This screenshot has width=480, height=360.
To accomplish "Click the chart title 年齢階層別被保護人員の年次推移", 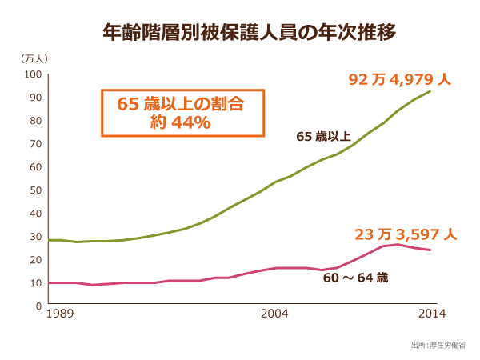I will click(x=239, y=33).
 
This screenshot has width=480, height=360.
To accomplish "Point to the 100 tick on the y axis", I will click(x=33, y=74).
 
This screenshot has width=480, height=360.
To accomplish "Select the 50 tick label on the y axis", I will click(x=35, y=190).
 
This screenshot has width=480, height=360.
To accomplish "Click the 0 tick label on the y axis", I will click(x=38, y=306).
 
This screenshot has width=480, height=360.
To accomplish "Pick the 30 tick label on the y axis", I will click(x=35, y=237).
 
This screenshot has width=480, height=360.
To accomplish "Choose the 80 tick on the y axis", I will click(x=35, y=121).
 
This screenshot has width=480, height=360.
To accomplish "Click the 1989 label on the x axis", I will click(x=60, y=315).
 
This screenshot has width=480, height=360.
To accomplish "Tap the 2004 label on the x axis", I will click(x=274, y=315).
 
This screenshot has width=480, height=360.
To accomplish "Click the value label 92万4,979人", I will click(x=400, y=80).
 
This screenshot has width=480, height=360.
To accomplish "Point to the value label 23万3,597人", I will click(x=406, y=235).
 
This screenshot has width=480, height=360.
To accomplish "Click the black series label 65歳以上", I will click(x=323, y=137).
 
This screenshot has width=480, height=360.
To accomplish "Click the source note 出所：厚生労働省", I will click(x=438, y=345).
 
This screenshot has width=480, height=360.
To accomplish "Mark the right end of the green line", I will click(x=431, y=91).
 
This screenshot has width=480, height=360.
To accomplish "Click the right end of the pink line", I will click(x=431, y=250).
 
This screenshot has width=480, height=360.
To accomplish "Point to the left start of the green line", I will click(x=49, y=240).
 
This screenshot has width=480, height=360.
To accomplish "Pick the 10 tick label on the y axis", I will click(x=35, y=283).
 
